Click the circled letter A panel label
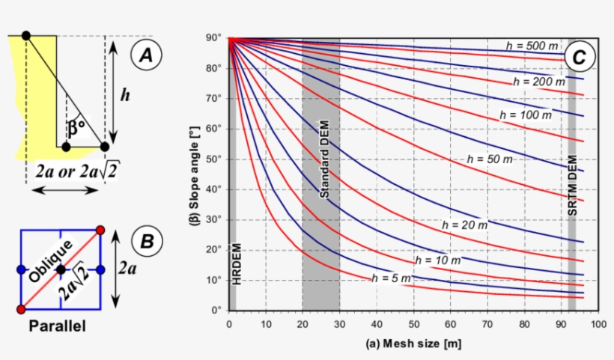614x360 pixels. point(146,55)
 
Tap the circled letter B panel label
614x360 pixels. point(147,241)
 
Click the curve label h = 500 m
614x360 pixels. point(532,46)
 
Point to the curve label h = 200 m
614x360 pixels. point(536,81)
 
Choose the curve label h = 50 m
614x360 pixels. point(490,159)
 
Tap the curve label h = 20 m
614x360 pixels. point(465,224)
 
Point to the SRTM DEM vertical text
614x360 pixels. point(573,187)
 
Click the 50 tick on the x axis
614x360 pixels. point(413,324)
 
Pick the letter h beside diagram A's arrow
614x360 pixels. point(127,95)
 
